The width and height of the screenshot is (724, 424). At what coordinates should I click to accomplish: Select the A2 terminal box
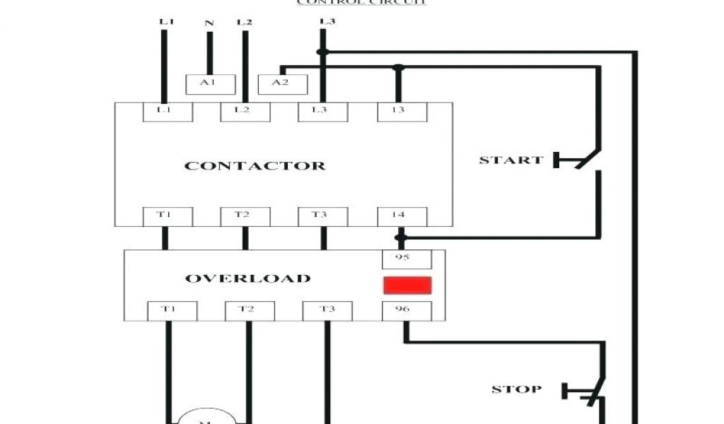tap(283, 84)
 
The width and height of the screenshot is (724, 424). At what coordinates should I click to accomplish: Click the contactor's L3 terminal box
tap(322, 112)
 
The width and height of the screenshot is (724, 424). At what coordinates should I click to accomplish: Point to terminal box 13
tap(400, 112)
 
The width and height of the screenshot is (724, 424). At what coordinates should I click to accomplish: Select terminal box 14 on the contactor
tap(401, 216)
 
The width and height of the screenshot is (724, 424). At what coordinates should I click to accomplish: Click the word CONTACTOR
tap(255, 166)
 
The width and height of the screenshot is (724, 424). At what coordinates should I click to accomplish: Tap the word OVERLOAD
tap(247, 278)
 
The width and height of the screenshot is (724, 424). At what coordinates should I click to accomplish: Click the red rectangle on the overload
tap(407, 285)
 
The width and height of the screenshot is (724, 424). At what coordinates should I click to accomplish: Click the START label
tap(510, 160)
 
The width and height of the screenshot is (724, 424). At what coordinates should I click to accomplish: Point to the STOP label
tap(517, 389)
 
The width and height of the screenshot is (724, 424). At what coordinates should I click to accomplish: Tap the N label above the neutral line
tap(209, 23)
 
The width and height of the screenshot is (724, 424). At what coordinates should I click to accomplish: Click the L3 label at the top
tap(326, 21)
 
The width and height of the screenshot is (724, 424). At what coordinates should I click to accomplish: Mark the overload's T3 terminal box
tap(327, 311)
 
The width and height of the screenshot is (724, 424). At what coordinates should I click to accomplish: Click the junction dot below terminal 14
tap(401, 237)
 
